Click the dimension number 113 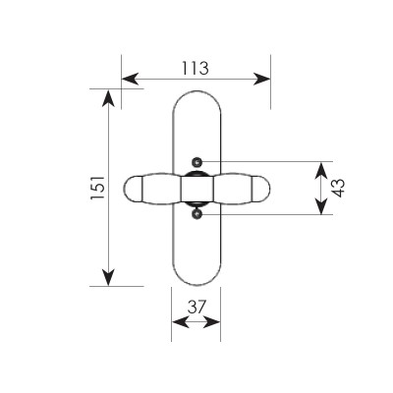click(196, 68)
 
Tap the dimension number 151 click(97, 188)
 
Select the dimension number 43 click(340, 188)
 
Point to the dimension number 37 click(196, 307)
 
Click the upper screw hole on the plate click(196, 161)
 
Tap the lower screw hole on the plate click(196, 214)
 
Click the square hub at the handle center click(197, 188)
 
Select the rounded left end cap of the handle click(133, 188)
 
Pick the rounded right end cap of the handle click(261, 188)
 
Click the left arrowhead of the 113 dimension click(130, 79)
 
